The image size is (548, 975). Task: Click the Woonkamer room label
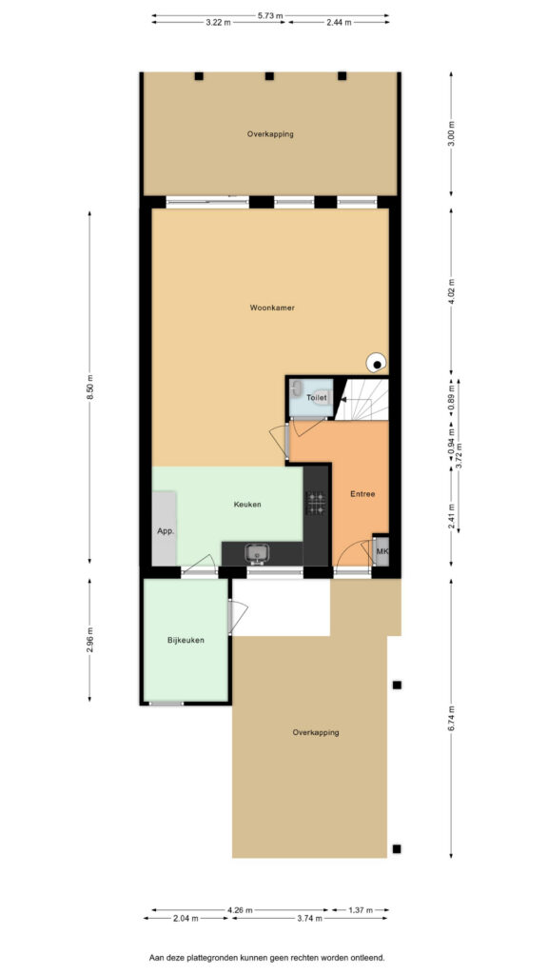click(x=272, y=308)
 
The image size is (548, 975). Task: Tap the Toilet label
click(x=316, y=396)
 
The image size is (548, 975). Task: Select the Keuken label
click(x=247, y=505)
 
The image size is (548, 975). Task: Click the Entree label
click(x=362, y=494)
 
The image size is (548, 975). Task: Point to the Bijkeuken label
click(x=186, y=640)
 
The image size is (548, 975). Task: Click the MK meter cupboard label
click(x=382, y=551)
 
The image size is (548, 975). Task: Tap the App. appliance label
click(x=166, y=531)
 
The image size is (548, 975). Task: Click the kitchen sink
click(x=256, y=551)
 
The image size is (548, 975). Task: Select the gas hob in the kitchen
click(x=316, y=503)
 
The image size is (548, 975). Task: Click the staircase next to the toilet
click(x=362, y=399)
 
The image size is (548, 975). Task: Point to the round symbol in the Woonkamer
click(x=376, y=362)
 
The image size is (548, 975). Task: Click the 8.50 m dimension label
click(x=89, y=388)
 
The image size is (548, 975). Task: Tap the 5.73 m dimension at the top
click(x=270, y=15)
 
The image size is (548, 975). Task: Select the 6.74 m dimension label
click(x=451, y=718)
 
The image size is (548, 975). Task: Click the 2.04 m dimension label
click(x=186, y=918)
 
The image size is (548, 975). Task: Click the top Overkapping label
click(x=270, y=133)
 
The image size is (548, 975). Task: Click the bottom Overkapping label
click(x=316, y=732)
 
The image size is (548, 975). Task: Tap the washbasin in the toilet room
click(x=297, y=389)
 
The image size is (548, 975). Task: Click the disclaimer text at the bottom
click(x=267, y=958)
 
